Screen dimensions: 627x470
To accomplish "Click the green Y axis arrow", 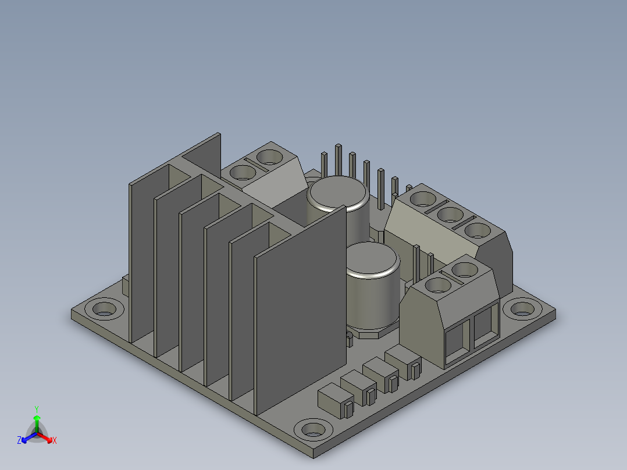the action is pos(37,420).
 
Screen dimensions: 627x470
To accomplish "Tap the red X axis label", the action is pos(55,440).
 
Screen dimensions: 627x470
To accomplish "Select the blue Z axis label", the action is pos(19,440).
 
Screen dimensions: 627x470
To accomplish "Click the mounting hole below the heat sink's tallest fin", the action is pos(104,309).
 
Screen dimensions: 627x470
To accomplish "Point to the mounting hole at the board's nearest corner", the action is pos(313,430).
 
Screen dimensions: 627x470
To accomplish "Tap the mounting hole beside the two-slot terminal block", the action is pos(523,308).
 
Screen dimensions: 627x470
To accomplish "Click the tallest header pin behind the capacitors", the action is pos(339,160).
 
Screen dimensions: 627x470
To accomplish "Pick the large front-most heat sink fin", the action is pos(300,310).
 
